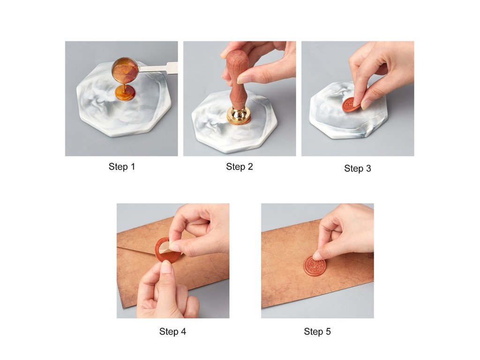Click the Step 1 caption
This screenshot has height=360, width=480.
tap(121, 167)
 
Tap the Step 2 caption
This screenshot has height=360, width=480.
tap(240, 166)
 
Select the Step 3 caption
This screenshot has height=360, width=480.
tap(358, 168)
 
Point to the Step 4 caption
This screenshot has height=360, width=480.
tap(172, 331)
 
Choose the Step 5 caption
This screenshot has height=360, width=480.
tap(317, 331)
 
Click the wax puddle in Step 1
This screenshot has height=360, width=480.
tap(125, 93)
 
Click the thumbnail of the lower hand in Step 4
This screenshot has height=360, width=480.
tap(167, 268)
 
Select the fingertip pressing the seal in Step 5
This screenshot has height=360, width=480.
tap(318, 255)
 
